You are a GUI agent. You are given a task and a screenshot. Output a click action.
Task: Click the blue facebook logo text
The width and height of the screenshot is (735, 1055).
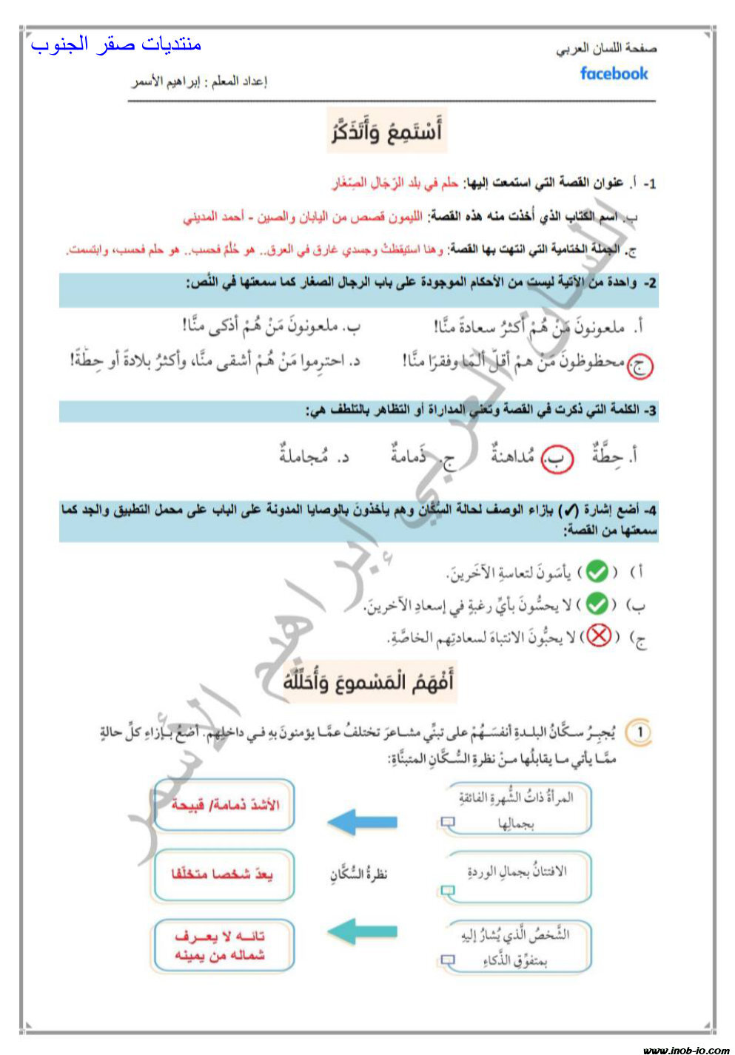pyautogui.click(x=614, y=74)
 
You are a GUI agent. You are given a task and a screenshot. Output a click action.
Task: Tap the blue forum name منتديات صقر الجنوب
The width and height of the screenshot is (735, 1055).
pyautogui.click(x=116, y=44)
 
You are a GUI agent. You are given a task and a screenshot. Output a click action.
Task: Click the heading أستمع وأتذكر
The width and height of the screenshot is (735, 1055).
pyautogui.click(x=386, y=131)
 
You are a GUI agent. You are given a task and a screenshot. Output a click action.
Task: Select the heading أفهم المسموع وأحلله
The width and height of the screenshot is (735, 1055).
pyautogui.click(x=368, y=681)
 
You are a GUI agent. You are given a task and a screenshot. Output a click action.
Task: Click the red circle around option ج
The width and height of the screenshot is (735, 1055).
pyautogui.click(x=640, y=365)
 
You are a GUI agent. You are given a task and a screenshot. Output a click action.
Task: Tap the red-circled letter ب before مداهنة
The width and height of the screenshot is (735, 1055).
pyautogui.click(x=557, y=459)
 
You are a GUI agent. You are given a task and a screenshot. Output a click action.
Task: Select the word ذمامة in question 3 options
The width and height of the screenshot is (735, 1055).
pyautogui.click(x=408, y=455)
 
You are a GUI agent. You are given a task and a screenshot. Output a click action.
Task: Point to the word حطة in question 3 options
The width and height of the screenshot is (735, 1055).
pyautogui.click(x=608, y=455)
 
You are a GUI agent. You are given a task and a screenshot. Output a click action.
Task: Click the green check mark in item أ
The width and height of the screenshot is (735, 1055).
pyautogui.click(x=597, y=572)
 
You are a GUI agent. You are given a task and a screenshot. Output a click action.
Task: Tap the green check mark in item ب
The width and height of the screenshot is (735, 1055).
pyautogui.click(x=597, y=604)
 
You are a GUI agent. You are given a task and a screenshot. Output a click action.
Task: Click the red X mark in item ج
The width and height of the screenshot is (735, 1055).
pyautogui.click(x=599, y=636)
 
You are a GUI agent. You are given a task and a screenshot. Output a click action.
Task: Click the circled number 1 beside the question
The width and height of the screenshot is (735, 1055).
pyautogui.click(x=639, y=733)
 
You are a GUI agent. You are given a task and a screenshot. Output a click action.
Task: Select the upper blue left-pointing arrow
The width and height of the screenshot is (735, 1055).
pyautogui.click(x=362, y=821)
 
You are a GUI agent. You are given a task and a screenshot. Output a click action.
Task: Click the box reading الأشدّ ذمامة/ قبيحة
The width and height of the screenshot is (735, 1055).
pyautogui.click(x=224, y=805)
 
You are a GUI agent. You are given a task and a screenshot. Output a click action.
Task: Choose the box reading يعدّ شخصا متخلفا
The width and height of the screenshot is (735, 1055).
pyautogui.click(x=224, y=875)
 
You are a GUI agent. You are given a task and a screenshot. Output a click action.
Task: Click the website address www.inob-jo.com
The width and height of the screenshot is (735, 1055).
pyautogui.click(x=686, y=1049)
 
